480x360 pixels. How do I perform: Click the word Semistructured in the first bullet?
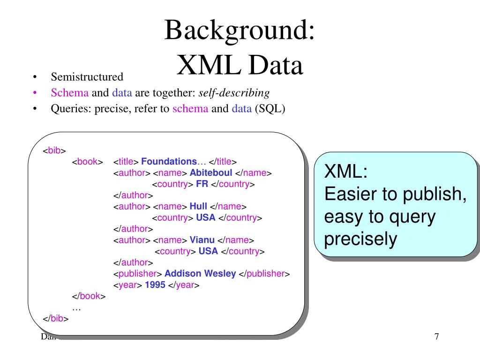point(87,77)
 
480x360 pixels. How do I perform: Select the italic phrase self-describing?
point(234,93)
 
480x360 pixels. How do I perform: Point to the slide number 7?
point(436,337)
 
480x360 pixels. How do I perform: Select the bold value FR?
point(202,184)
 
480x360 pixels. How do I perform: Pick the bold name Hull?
point(199,206)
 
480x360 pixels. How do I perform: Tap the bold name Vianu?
point(202,240)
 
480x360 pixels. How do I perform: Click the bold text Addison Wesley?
point(200,274)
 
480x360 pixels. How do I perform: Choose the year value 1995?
point(155,285)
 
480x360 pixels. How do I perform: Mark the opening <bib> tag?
point(54,150)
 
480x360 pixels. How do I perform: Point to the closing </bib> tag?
point(56,319)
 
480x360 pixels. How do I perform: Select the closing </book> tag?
point(89,296)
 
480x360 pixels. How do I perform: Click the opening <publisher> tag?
point(138,274)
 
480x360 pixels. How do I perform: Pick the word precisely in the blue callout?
point(360,240)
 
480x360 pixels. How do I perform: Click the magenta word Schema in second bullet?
point(70,93)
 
